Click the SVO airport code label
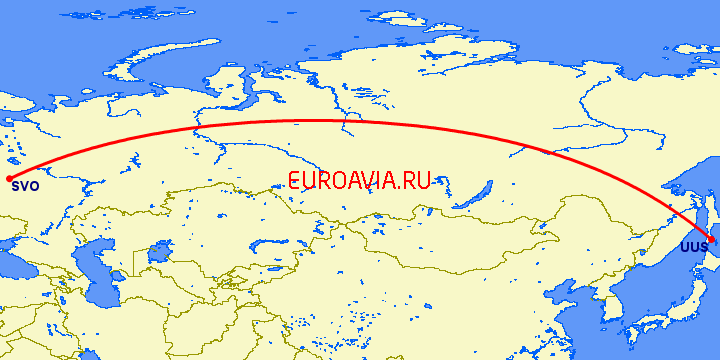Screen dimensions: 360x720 (x=26, y=185)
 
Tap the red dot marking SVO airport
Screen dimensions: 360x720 (x=9, y=178)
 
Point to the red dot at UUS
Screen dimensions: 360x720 (x=711, y=241)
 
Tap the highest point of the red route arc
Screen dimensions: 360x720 (x=300, y=121)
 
